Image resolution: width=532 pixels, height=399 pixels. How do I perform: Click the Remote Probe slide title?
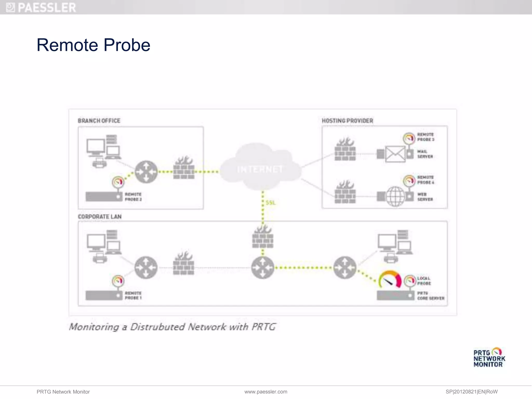94,45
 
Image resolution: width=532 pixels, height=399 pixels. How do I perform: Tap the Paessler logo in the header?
41,7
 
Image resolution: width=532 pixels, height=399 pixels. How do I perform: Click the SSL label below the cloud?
271,203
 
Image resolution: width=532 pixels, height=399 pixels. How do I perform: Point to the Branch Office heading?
99,121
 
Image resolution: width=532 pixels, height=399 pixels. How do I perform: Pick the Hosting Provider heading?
347,121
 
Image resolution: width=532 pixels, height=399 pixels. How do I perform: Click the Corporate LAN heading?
100,217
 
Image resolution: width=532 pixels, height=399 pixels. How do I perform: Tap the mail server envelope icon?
395,154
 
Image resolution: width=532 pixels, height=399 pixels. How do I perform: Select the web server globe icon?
395,196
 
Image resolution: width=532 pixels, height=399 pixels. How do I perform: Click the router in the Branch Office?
146,172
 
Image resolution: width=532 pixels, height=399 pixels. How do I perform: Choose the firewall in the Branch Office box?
184,168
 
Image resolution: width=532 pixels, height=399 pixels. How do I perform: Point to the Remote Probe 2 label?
133,197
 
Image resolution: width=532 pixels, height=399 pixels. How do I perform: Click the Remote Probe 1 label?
133,296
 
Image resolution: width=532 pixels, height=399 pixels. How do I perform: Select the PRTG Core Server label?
430,296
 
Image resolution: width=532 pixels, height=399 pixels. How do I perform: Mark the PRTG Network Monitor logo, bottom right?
489,358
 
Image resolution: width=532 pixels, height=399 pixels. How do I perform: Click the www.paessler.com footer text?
266,392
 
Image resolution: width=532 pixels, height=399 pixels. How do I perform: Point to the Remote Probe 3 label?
425,137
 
